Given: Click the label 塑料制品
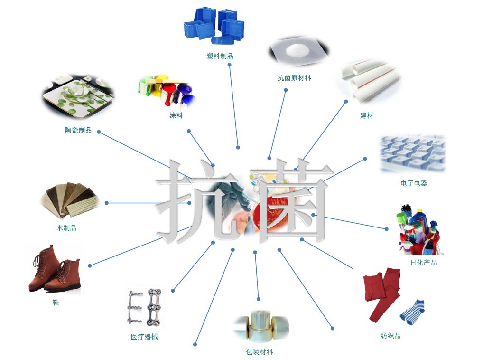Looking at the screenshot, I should coord(220,56).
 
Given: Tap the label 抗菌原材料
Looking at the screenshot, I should coord(294,78).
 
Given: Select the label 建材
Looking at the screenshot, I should coord(367,115).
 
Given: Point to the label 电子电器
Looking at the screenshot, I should coord(414,183).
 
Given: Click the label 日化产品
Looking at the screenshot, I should coord(423,263).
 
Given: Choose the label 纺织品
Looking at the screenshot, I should coord(390,336).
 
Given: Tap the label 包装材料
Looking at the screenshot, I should coord(260,352).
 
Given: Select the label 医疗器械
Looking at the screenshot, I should coord(144,337).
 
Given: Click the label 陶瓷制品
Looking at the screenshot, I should coord(78,130).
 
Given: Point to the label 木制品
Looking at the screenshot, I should coord(66,228).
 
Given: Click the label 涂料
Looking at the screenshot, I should coord(176,115).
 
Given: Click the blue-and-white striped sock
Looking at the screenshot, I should coord(412,312).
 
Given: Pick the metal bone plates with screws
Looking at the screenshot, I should coord(145,307).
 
